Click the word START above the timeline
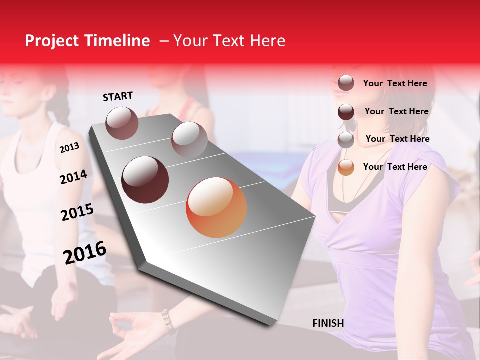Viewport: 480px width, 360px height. click(118, 96)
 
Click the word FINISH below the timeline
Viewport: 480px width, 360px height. click(328, 323)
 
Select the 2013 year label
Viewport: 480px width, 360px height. click(69, 147)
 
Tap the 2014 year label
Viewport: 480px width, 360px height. click(73, 177)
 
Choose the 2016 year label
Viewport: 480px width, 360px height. click(85, 252)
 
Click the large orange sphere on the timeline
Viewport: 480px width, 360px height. click(216, 207)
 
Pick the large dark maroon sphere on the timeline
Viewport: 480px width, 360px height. click(145, 180)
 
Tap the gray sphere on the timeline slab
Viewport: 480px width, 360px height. click(189, 139)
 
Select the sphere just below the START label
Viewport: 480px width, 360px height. click(122, 123)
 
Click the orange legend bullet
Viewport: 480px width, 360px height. click(346, 167)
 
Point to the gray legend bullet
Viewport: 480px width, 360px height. click(346, 139)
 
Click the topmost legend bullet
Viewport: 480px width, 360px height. click(346, 83)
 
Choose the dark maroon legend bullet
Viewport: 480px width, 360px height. click(346, 111)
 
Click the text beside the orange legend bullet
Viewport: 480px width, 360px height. click(395, 167)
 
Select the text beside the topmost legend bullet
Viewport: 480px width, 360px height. click(395, 83)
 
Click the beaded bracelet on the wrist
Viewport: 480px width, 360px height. click(168, 321)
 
